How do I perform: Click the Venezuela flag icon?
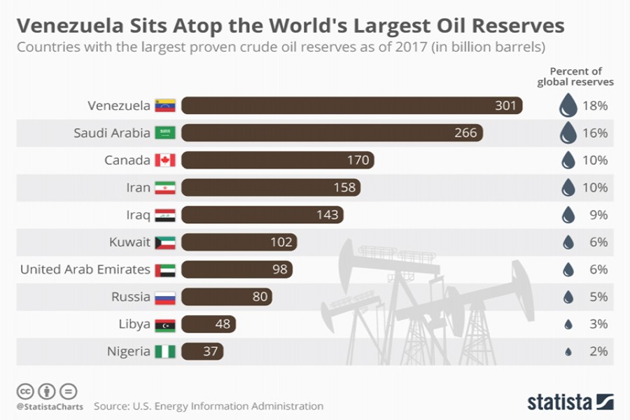click(164, 106)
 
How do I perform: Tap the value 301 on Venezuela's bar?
click(505, 106)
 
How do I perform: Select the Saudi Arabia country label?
click(112, 133)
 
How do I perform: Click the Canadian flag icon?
click(164, 160)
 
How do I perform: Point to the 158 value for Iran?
click(346, 188)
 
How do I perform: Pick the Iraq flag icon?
click(164, 215)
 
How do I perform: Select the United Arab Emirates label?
click(85, 269)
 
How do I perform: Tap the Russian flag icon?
click(164, 297)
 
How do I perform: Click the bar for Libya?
click(209, 324)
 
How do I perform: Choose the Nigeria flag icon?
click(164, 351)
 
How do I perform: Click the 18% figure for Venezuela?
click(594, 106)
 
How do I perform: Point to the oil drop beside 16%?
click(568, 133)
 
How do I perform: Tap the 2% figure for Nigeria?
click(597, 351)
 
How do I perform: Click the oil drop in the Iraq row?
click(568, 215)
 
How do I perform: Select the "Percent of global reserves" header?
click(575, 76)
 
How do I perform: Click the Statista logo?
click(568, 402)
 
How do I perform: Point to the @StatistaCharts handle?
click(49, 406)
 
